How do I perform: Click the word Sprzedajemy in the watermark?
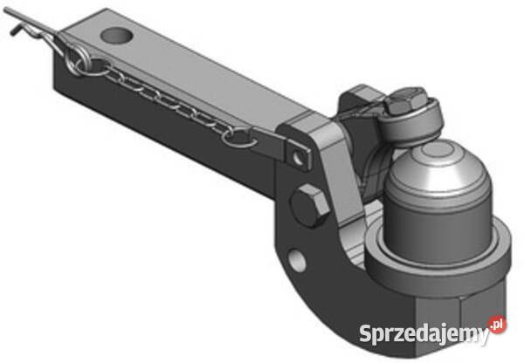click(424, 333)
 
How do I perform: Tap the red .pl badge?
click(497, 324)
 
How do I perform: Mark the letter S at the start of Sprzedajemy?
click(366, 332)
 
